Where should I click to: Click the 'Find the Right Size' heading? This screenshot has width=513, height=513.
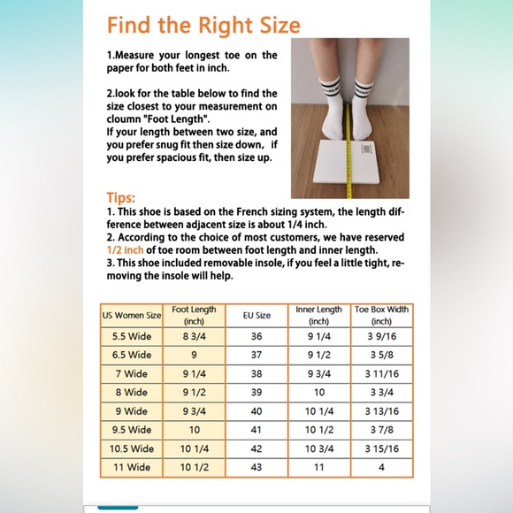pos(203,26)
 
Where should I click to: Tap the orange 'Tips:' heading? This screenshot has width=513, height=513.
pos(120,198)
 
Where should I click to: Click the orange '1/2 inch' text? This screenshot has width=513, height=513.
pos(125,250)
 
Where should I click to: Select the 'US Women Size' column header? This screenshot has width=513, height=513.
pos(132,316)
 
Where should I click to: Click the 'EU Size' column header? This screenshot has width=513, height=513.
pos(256,316)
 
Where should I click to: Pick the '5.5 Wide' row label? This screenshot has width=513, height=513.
pos(132,336)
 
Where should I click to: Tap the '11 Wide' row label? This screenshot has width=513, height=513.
pos(132,467)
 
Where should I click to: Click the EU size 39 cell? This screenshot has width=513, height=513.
pos(256,393)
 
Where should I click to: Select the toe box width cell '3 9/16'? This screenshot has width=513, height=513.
pos(382,336)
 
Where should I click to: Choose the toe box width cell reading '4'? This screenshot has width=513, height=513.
pos(381,467)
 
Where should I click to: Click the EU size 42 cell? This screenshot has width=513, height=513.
pos(256,448)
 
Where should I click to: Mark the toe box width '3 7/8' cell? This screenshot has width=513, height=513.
pos(382,430)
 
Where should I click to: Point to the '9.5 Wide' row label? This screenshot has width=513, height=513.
pos(132,430)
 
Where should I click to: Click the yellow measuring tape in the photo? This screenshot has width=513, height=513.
pos(348,150)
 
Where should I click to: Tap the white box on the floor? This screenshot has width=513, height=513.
pos(347,162)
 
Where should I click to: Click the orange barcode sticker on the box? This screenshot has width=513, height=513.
pos(366,149)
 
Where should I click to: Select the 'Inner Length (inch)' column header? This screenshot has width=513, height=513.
pos(319,315)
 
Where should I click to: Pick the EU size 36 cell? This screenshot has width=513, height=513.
pos(256,336)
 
